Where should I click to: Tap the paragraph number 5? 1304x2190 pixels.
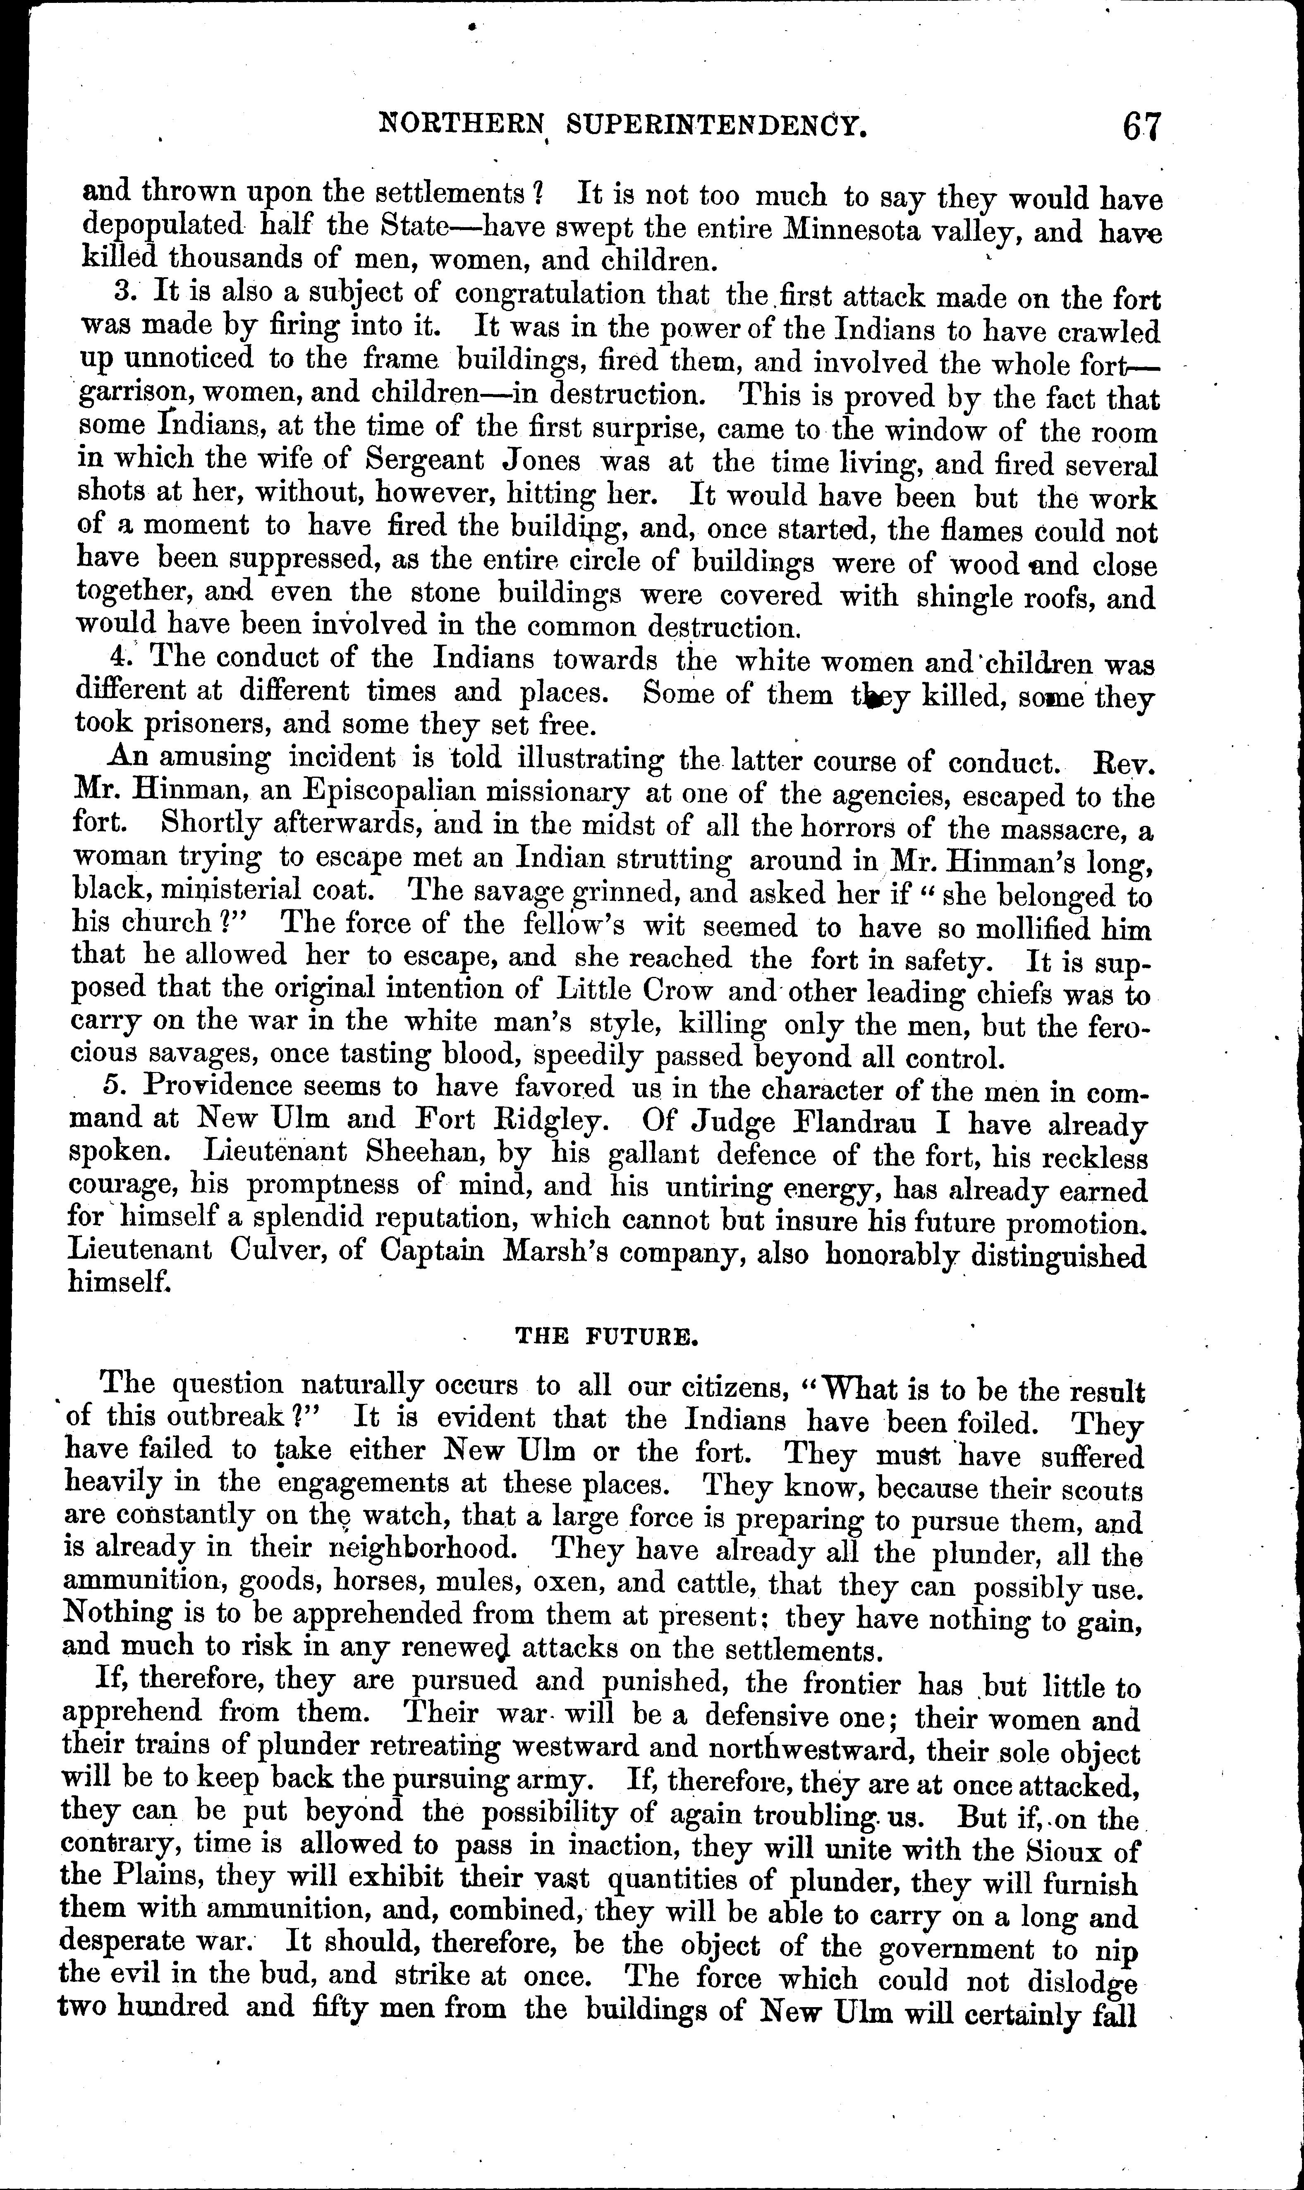pos(112,1086)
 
